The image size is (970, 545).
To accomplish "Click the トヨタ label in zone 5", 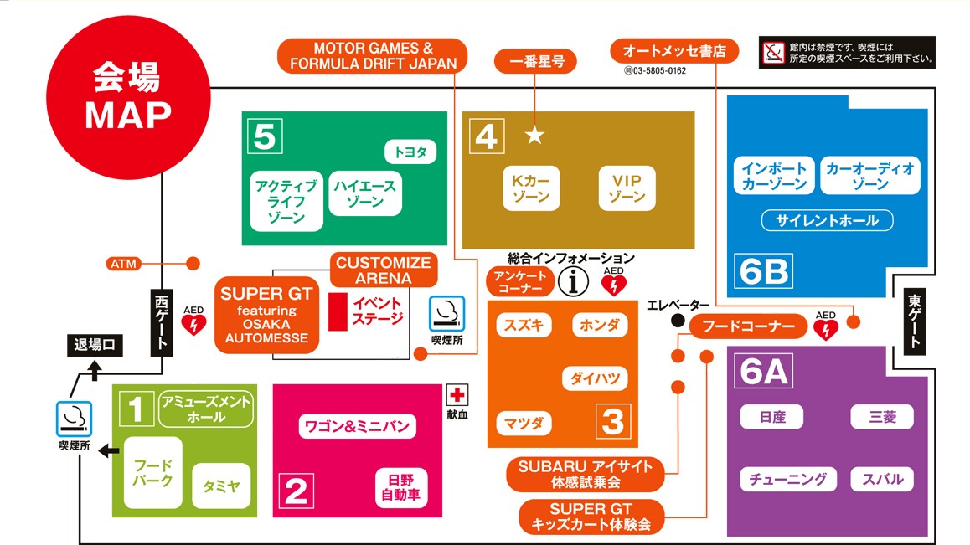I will [410, 152].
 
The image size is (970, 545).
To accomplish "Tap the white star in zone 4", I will [534, 135].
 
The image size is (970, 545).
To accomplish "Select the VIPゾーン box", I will [627, 188].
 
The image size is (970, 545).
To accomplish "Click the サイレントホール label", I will [827, 221].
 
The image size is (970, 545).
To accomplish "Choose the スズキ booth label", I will [524, 325].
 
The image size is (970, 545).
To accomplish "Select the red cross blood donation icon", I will [457, 395].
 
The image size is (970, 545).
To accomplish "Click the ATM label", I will [124, 264].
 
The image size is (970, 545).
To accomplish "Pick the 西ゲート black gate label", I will [163, 321].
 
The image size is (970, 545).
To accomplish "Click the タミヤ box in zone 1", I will [221, 485].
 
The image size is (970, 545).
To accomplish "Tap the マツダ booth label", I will [524, 424].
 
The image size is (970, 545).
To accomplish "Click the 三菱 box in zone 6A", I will [882, 416].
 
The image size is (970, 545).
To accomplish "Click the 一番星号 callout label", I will [534, 60].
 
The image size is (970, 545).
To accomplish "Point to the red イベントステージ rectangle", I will [338, 311].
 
